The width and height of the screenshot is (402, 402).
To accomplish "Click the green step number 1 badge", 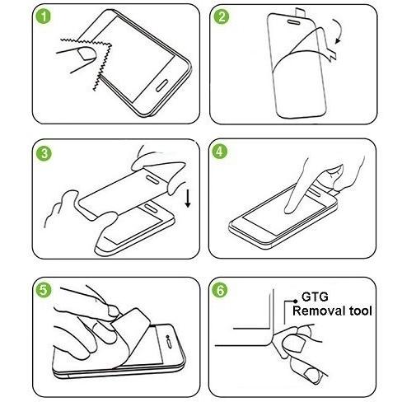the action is [x=44, y=16].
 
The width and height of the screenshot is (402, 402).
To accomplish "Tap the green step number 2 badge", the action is [x=222, y=16].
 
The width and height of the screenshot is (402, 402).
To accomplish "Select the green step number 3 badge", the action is [x=44, y=153].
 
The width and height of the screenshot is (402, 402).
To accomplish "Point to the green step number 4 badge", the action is [x=220, y=152].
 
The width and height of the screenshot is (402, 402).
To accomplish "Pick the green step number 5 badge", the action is [x=44, y=290].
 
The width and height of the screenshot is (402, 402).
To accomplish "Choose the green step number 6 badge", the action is [x=220, y=290].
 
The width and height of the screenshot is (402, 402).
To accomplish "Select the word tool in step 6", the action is [x=360, y=311].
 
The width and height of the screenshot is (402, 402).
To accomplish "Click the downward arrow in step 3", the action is [x=188, y=199].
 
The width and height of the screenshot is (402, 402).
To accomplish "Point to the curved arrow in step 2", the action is [x=339, y=30].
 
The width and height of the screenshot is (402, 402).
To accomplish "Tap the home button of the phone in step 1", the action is [x=161, y=86].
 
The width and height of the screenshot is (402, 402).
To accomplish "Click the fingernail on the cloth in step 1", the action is [x=86, y=54].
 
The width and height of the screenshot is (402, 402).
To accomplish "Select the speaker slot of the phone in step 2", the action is [x=294, y=21].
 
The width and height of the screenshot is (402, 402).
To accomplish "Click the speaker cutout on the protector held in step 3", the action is [x=152, y=180].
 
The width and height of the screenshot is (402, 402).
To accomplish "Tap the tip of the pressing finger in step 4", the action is [x=288, y=211].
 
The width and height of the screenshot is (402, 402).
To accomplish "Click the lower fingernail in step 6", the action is [x=312, y=375].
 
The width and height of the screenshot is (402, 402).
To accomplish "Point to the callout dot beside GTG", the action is [x=296, y=301].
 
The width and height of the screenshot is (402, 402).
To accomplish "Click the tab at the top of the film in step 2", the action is [x=300, y=12].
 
